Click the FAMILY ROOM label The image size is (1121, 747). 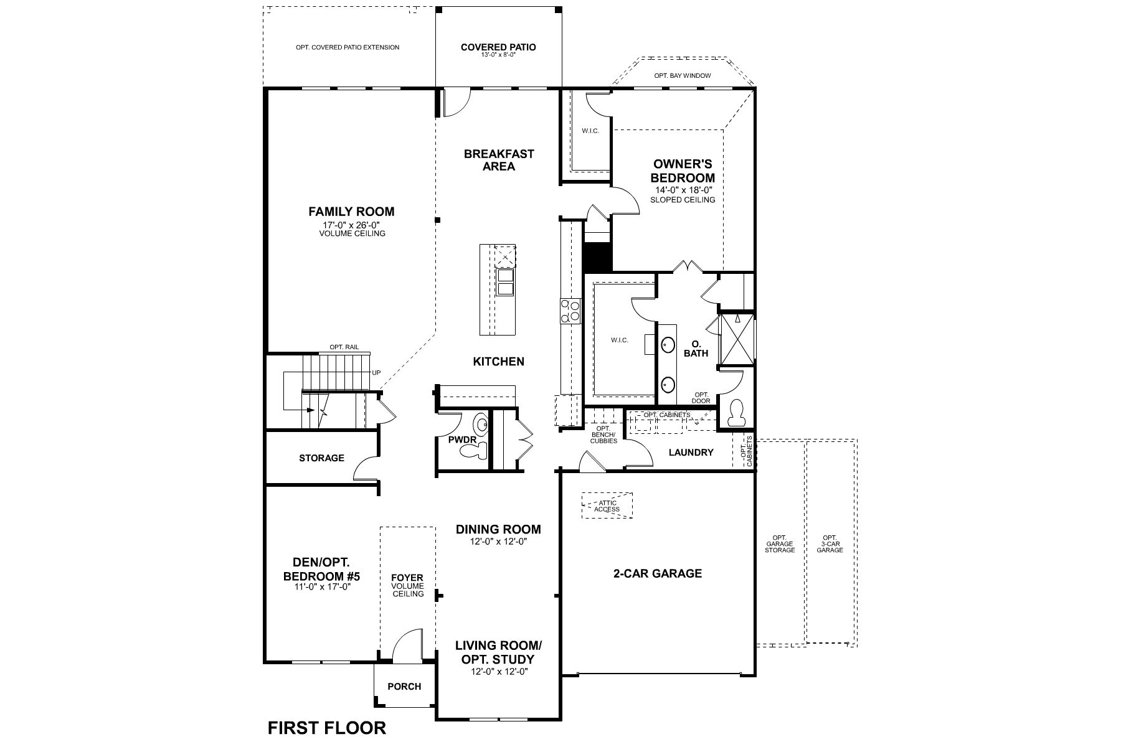[x=351, y=212]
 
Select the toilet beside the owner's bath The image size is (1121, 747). [x=736, y=413]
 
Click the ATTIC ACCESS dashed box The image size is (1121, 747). [x=607, y=506]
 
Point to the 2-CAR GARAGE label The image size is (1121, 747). [x=658, y=573]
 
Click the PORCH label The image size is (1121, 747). [x=404, y=687]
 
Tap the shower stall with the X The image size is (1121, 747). [x=736, y=339]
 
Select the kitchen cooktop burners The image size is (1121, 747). [x=570, y=311]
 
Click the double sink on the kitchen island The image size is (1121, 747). [x=505, y=281]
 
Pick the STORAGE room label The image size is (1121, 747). [x=321, y=458]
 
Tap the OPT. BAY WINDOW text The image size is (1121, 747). [x=682, y=76]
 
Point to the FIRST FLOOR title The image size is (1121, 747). [x=326, y=728]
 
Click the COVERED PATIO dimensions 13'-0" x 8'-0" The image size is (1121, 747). [x=498, y=55]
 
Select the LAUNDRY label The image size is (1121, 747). [x=691, y=453]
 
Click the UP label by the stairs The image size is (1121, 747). [x=376, y=373]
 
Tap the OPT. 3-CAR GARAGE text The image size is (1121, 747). [x=830, y=543]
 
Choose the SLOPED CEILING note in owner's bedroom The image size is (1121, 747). [x=682, y=200]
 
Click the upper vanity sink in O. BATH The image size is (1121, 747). [x=668, y=344]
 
